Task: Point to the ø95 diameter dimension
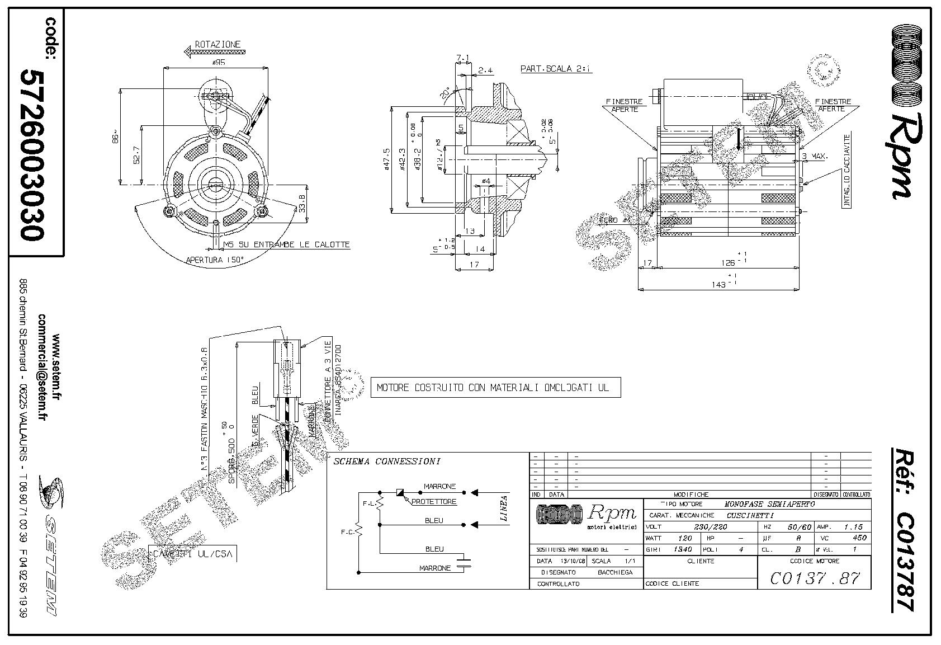click(x=217, y=63)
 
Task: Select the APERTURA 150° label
click(x=215, y=260)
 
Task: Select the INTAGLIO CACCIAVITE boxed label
click(x=847, y=171)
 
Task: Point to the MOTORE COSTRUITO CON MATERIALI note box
click(x=495, y=387)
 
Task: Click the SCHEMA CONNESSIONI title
click(x=387, y=462)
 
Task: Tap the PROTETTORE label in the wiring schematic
click(x=434, y=502)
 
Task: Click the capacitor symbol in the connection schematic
click(x=464, y=562)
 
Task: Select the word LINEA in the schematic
click(x=503, y=509)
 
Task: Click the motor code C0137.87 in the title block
click(x=815, y=578)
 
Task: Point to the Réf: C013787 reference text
click(x=902, y=529)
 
